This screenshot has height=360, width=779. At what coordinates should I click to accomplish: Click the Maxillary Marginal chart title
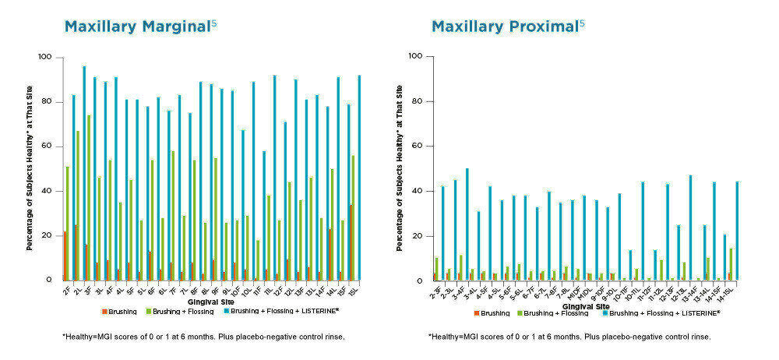[x=136, y=26]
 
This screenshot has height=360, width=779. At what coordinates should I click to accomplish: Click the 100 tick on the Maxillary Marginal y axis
[x=44, y=58]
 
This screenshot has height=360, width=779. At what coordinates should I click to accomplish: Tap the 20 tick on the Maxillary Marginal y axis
[x=47, y=235]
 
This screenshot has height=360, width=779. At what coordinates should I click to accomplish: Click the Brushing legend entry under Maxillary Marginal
[x=118, y=312]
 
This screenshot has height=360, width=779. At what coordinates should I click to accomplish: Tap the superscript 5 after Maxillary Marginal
[x=213, y=23]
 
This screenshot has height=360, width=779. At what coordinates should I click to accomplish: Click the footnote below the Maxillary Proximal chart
[x=569, y=337]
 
